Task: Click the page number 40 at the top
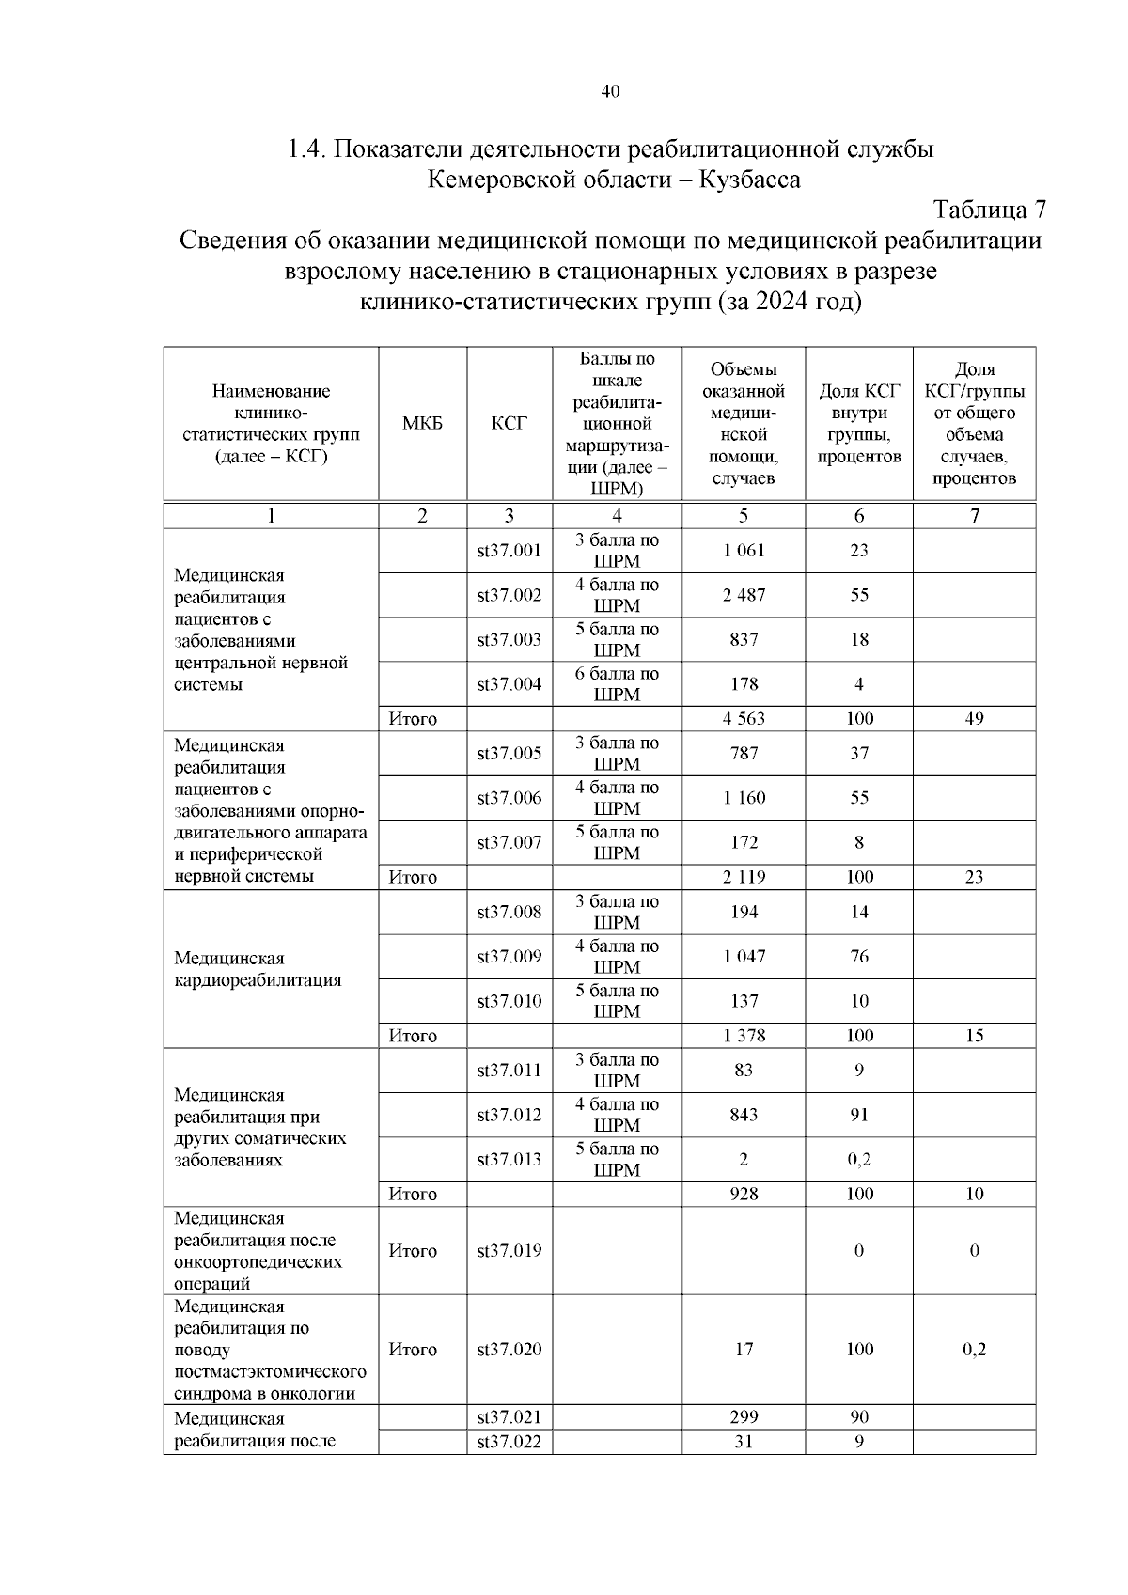[610, 91]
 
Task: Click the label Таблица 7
[989, 209]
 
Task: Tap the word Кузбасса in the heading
[750, 179]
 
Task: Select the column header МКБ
[422, 424]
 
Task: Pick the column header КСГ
[509, 424]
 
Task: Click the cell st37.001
[509, 551]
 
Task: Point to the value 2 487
[744, 595]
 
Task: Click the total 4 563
[744, 719]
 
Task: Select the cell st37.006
[509, 798]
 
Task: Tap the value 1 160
[744, 798]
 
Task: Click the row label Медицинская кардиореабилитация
[258, 969]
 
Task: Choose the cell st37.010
[509, 1001]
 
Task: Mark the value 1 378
[744, 1036]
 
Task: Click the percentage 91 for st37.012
[859, 1115]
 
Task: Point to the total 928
[744, 1194]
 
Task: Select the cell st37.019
[509, 1251]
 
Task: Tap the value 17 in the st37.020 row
[744, 1350]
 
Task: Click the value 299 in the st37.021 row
[744, 1417]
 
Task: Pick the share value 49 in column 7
[974, 719]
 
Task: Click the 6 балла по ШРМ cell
[617, 684]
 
